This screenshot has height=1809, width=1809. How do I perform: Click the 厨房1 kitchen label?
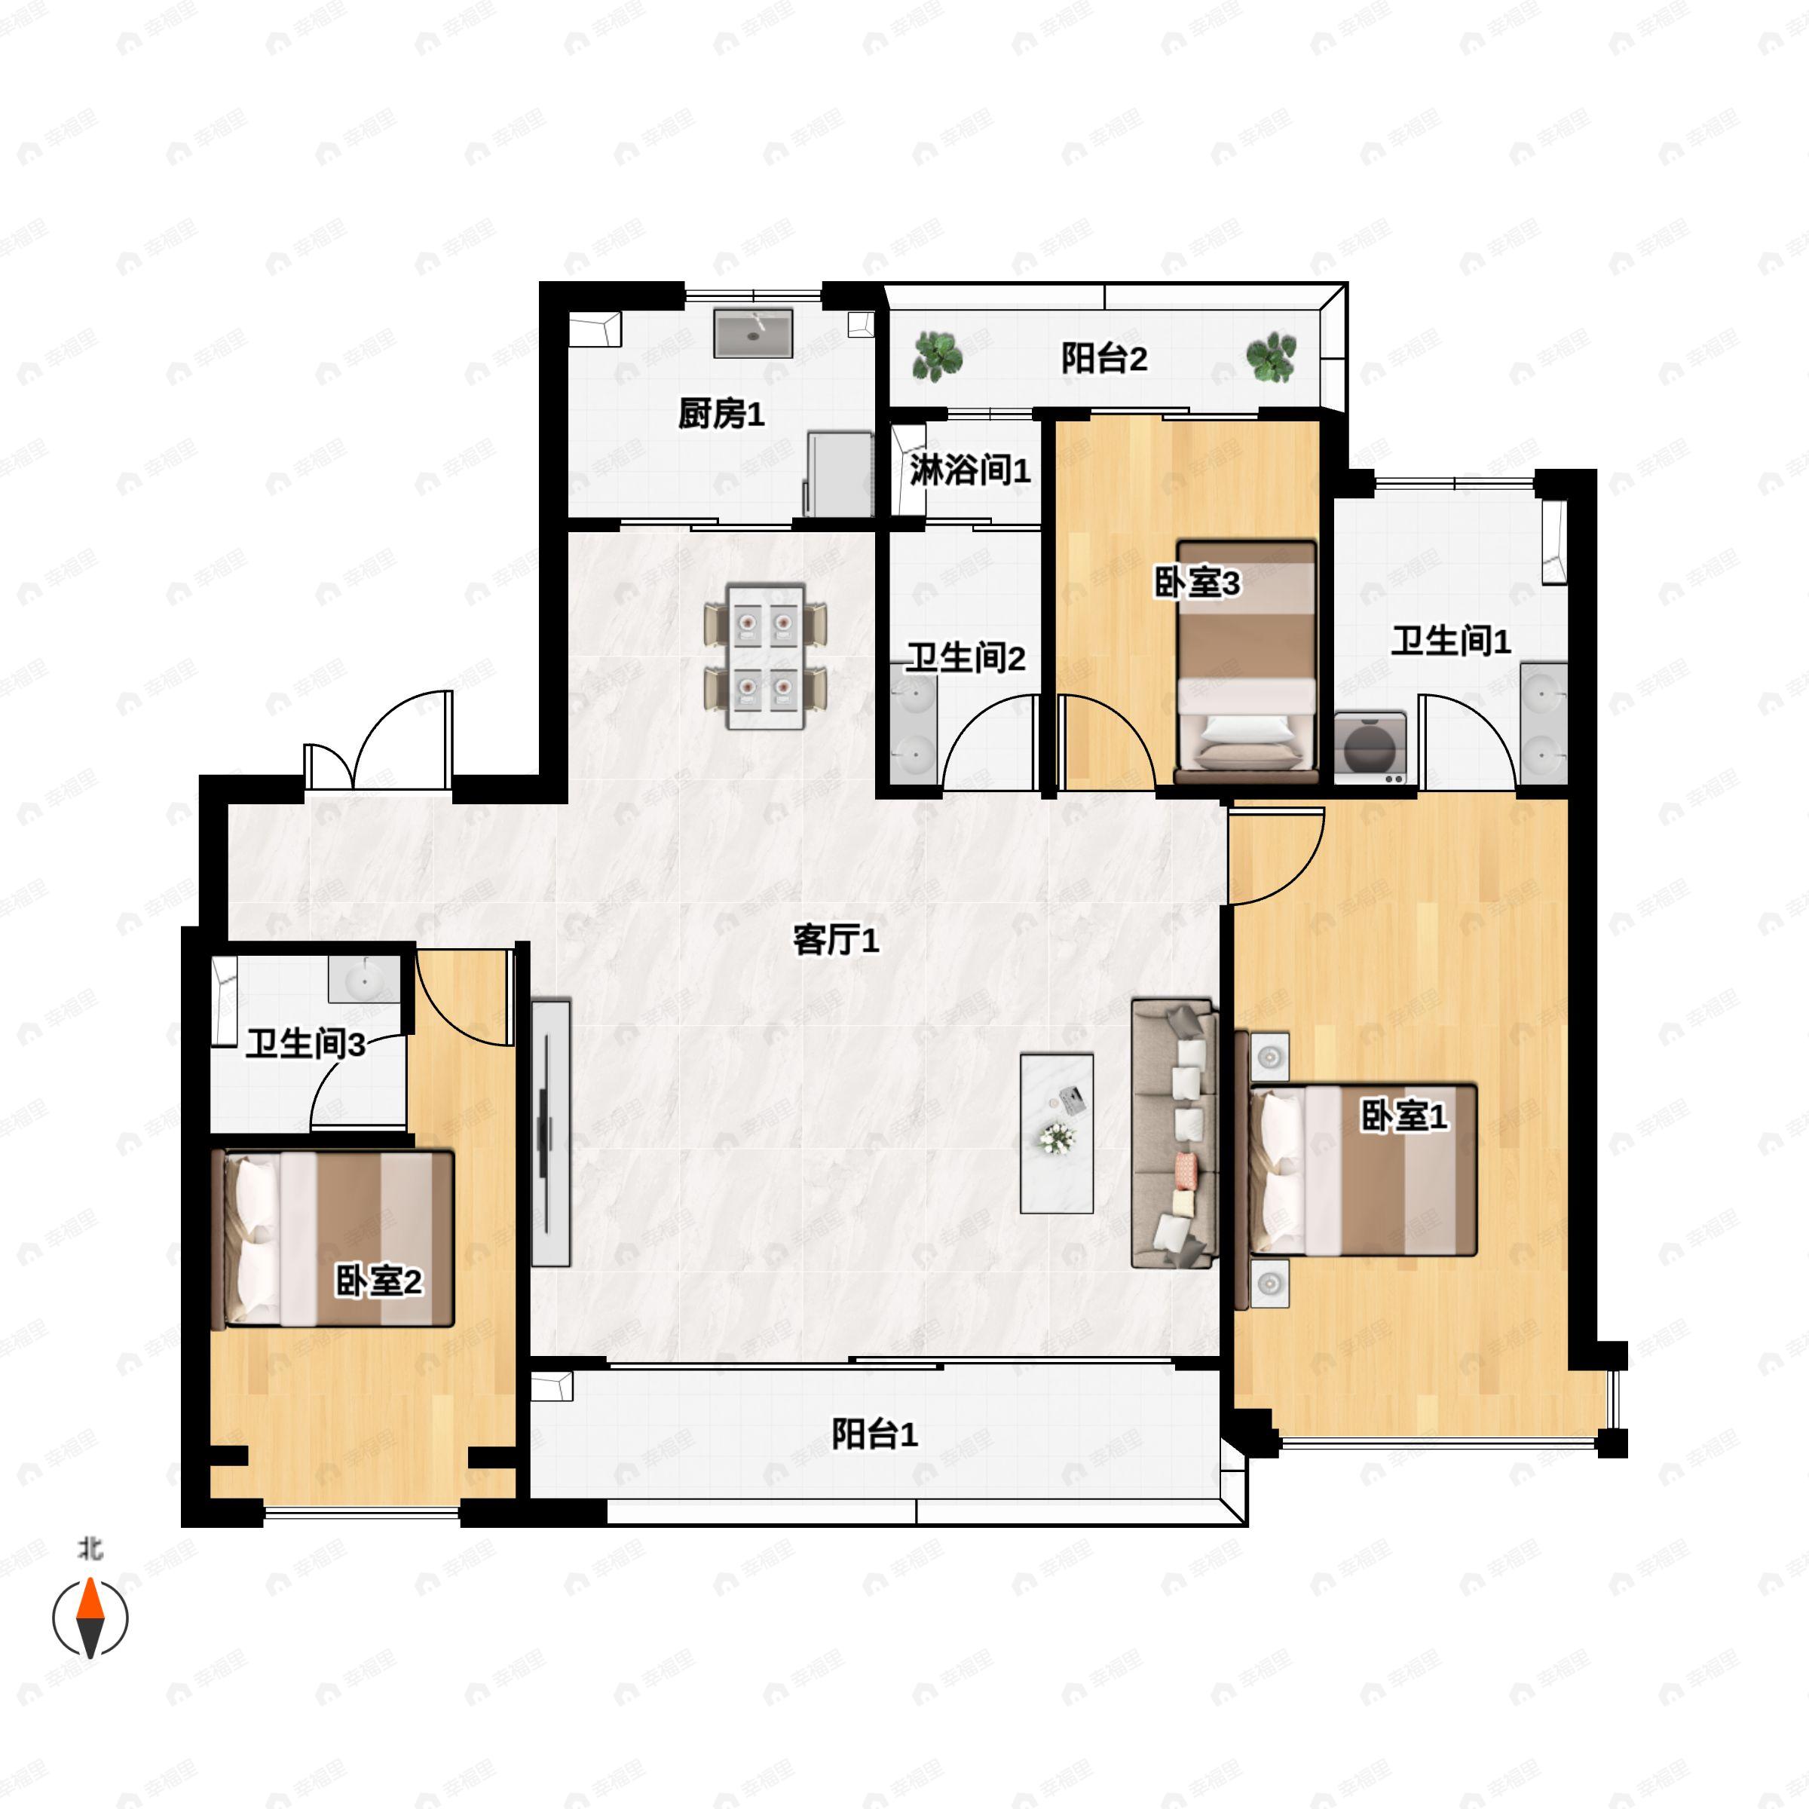pos(721,413)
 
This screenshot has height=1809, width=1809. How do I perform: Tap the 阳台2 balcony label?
pos(1104,358)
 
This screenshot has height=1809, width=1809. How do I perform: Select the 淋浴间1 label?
pos(970,470)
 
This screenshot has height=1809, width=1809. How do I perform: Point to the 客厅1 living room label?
pos(836,940)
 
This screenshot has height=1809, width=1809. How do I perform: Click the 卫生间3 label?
pos(305,1044)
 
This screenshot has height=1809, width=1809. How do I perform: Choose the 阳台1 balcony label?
pos(874,1434)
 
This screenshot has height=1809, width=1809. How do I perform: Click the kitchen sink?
pos(754,333)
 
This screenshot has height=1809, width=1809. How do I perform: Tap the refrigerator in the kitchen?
pos(839,474)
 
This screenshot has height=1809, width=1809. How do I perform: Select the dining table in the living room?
pos(766,657)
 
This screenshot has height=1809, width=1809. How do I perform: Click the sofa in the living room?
pos(1174,1134)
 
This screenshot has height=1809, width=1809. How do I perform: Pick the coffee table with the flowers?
pos(1057,1134)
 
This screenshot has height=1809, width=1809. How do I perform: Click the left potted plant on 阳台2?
pos(937,357)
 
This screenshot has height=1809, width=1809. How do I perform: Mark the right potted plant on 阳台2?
pos(1271,357)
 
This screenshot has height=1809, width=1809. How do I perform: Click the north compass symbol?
pos(90,1617)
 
